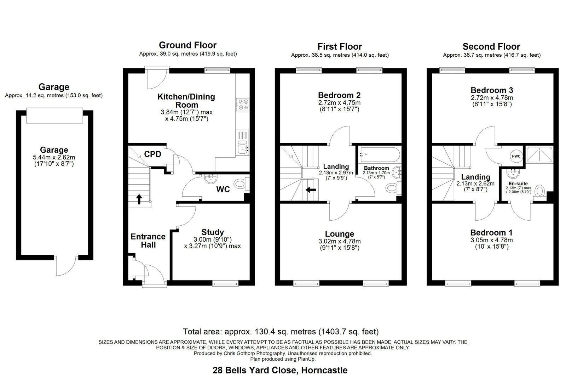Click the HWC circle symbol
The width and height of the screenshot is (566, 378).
pos(516,156)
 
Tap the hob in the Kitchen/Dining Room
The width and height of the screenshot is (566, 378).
pos(243,105)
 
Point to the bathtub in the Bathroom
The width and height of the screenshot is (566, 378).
pos(380,154)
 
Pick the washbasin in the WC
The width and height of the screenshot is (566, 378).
pos(210,179)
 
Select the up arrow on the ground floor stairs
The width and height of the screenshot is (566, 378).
pos(139,199)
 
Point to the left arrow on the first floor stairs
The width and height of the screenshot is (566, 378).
pos(311,190)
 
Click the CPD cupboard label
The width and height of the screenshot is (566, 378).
pos(152,154)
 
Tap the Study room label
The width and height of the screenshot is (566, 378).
pos(213,232)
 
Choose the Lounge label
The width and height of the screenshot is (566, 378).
pos(339,234)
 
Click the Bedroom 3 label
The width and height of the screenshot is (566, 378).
pos(492,90)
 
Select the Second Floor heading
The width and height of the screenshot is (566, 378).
pos(491,46)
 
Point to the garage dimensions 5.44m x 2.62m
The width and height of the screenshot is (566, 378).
pos(54,157)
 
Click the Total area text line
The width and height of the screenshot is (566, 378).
pos(281,332)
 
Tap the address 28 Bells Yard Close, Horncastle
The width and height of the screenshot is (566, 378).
pos(280,370)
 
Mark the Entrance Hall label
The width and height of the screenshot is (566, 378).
pos(148,241)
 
